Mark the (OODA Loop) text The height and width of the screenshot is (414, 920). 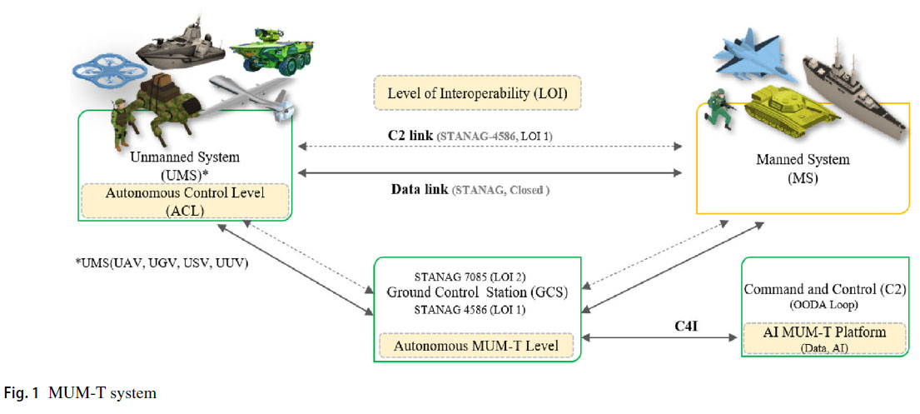click(x=823, y=306)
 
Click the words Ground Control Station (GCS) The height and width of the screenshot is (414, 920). click(x=476, y=293)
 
